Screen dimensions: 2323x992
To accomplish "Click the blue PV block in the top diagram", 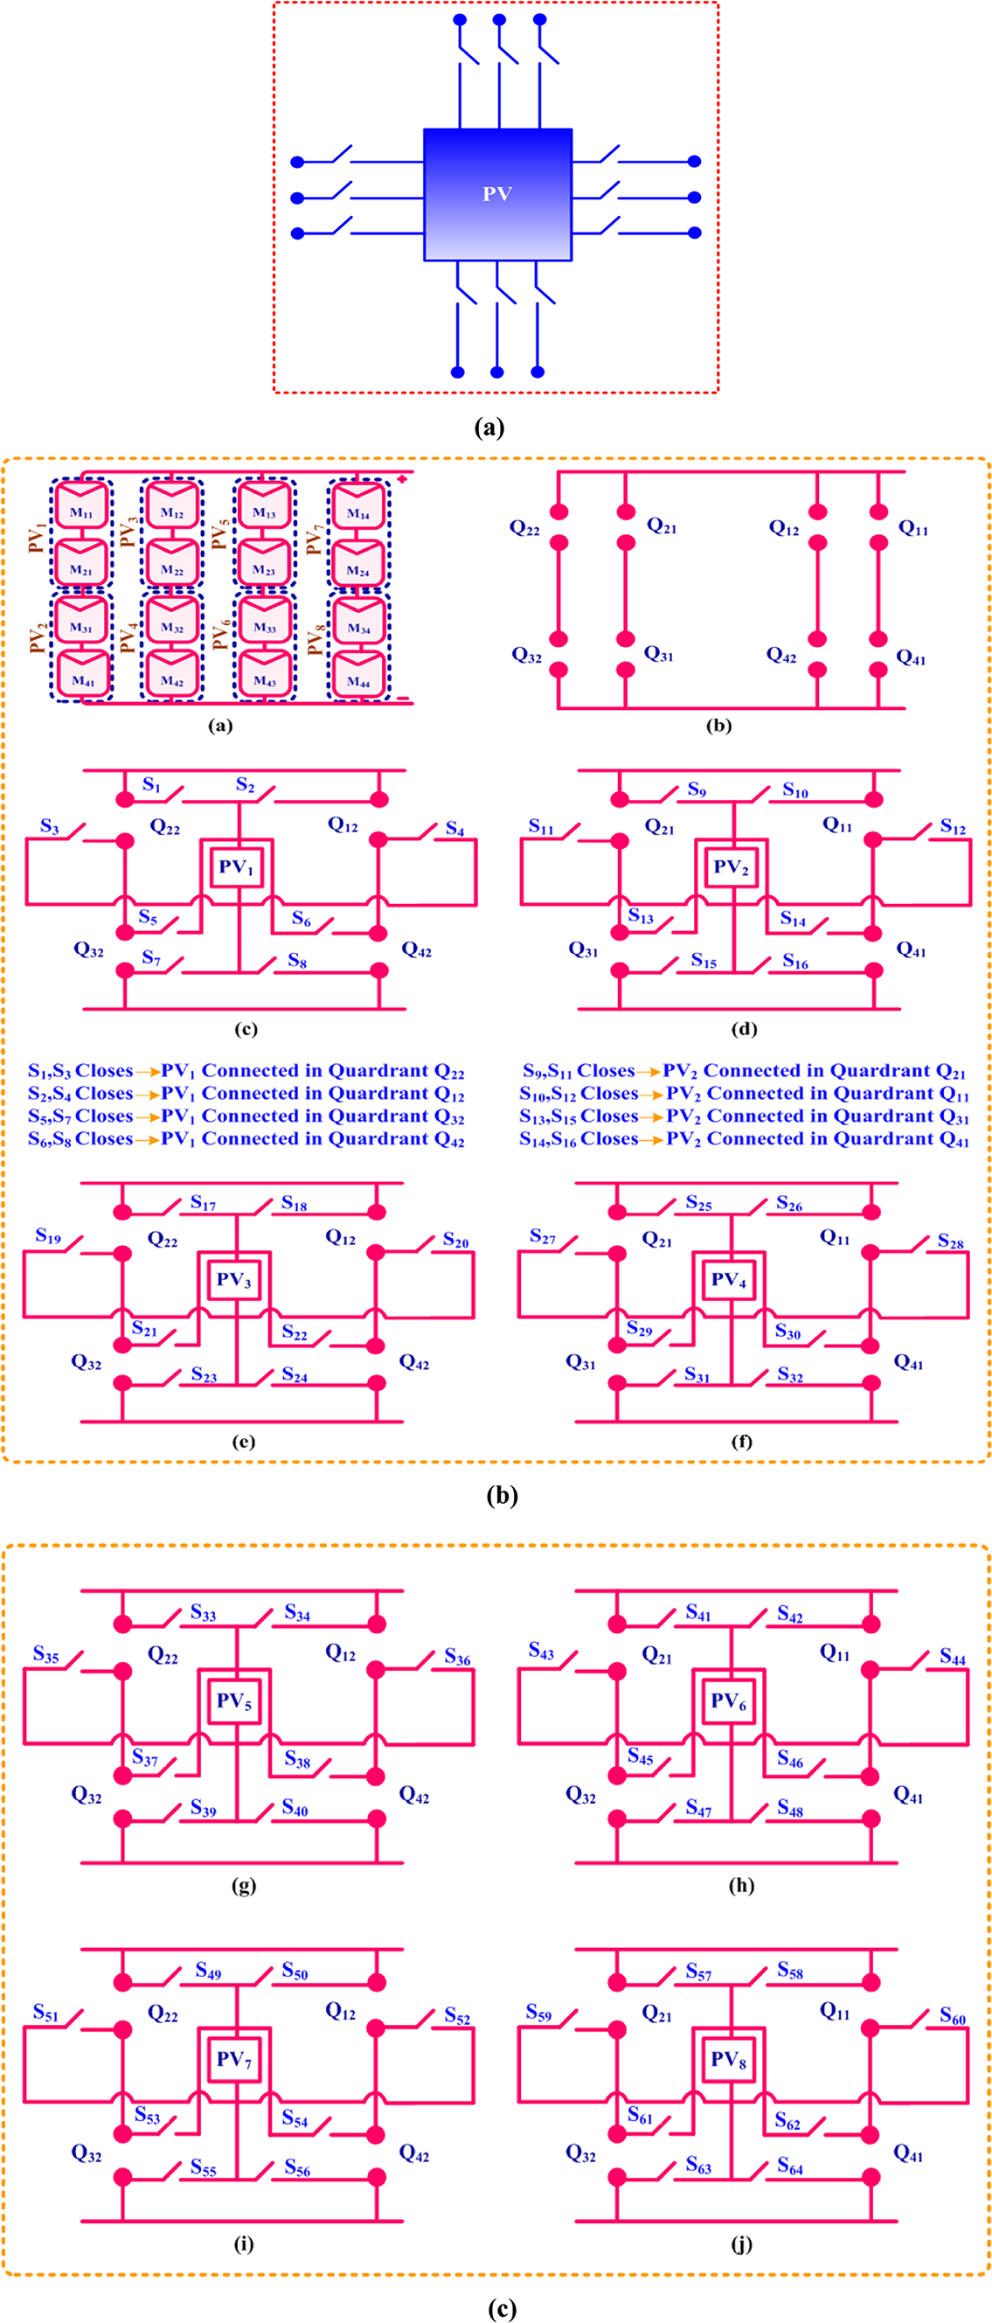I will point(497,194).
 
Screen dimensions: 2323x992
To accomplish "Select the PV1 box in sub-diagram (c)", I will point(236,867).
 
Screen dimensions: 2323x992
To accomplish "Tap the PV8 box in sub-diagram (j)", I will point(729,2059).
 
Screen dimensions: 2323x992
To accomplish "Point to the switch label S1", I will point(151,784).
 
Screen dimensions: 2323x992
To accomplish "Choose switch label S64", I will point(790,2164).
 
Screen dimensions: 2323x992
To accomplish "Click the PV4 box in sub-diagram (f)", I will point(729,1280).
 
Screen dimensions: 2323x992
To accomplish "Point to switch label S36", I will point(457,1658).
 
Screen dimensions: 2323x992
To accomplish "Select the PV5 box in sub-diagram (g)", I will point(234,1701).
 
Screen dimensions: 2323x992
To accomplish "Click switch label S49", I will point(208,1972).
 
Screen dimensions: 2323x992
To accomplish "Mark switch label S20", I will point(455,1241).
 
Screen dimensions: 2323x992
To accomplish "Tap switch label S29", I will point(640,1328).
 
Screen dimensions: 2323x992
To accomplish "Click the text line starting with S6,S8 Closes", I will point(246,1139).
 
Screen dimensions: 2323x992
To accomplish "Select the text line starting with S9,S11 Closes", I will point(744,1071).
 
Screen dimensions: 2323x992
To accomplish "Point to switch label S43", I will point(541,1651).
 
